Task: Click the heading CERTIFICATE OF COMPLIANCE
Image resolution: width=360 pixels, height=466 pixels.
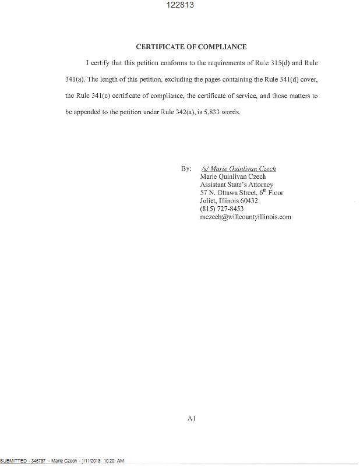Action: tap(191, 47)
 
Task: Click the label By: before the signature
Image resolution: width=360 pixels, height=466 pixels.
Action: tap(186, 169)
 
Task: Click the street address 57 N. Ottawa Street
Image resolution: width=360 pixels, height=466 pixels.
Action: tap(232, 193)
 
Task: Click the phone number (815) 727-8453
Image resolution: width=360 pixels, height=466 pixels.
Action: tap(221, 209)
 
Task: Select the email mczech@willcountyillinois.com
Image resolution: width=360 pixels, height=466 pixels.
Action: tap(245, 217)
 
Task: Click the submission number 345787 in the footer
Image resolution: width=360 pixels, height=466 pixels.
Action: tap(38, 461)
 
